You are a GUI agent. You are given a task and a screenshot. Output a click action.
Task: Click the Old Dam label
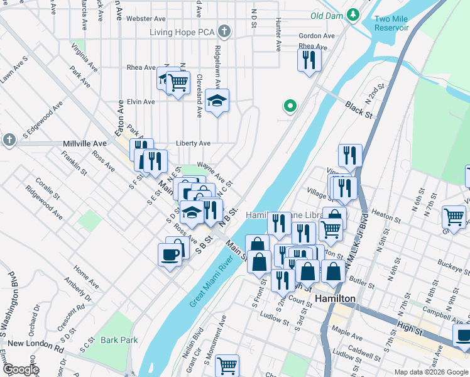tap(327, 14)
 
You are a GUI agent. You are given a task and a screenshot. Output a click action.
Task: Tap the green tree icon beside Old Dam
tap(354, 14)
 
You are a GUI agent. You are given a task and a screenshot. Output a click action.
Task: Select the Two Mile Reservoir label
tap(391, 23)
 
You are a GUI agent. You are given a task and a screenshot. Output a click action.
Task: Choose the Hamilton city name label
tap(335, 298)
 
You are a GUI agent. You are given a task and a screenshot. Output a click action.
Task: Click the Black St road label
tap(359, 111)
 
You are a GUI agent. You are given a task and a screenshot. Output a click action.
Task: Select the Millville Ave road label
tap(85, 144)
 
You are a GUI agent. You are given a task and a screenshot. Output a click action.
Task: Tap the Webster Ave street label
tap(145, 19)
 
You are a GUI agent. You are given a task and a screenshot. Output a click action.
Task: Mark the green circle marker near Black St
tap(290, 106)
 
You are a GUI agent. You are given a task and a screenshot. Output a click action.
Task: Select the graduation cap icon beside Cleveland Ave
tap(217, 101)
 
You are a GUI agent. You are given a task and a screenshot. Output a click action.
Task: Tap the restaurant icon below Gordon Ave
tap(308, 60)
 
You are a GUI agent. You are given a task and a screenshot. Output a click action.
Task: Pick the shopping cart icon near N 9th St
tap(454, 217)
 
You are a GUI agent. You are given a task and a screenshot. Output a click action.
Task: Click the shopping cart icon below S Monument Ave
tap(227, 365)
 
